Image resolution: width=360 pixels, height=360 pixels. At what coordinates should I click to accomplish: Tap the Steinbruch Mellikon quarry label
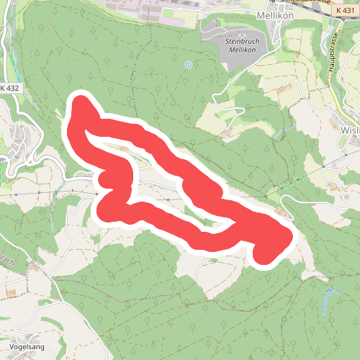coord(242,48)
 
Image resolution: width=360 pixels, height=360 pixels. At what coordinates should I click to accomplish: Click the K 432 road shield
coord(9,88)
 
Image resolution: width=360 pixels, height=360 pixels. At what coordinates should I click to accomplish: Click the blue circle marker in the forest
coord(189,65)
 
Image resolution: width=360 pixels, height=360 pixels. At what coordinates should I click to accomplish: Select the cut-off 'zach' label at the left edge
coord(6,259)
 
